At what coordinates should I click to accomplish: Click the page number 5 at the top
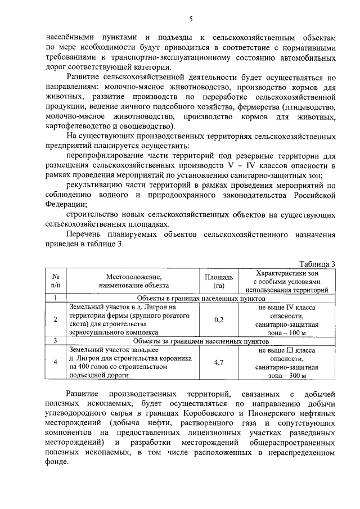[x=191, y=19]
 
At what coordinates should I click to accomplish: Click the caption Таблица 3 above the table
[x=318, y=264]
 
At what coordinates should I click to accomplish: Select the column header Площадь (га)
[x=219, y=281]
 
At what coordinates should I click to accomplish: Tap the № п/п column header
[x=56, y=281]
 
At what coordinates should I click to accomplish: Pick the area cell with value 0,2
[x=219, y=320]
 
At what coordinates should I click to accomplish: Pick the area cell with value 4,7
[x=219, y=362]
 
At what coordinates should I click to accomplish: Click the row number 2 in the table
[x=56, y=320]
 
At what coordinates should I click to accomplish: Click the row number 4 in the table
[x=56, y=362]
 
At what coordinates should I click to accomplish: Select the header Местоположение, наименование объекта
[x=133, y=281]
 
